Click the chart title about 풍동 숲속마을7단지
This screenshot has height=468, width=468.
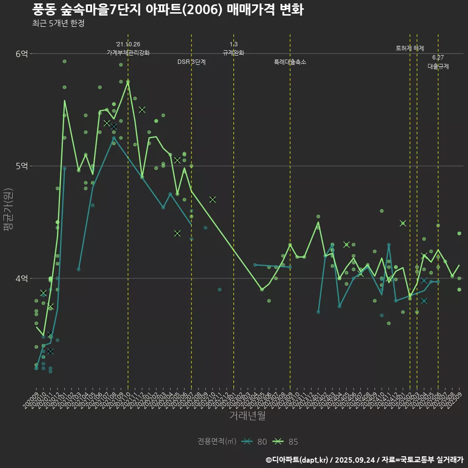[x=168, y=10]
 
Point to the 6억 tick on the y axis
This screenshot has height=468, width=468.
[x=21, y=54]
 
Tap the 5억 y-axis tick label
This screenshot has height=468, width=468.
[x=21, y=166]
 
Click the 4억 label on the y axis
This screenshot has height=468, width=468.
[x=21, y=278]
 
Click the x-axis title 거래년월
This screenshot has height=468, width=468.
[x=248, y=416]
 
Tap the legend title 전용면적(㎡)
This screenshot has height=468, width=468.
[x=217, y=442]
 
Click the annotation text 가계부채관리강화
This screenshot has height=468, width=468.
[x=128, y=53]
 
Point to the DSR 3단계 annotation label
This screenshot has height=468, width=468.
[x=192, y=62]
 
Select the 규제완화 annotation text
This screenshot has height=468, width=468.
[x=234, y=53]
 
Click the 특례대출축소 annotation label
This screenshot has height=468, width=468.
[x=290, y=62]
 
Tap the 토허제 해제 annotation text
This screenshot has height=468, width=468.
[x=410, y=48]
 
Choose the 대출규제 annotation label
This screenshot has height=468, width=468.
[x=438, y=66]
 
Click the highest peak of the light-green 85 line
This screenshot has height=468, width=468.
[x=128, y=81]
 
